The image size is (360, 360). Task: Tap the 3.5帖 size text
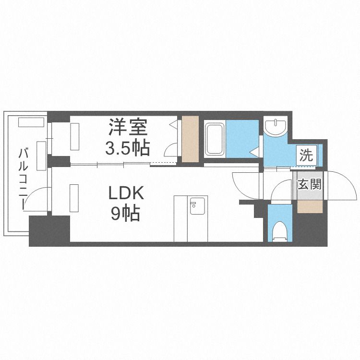128,147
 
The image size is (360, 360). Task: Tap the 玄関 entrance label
309,184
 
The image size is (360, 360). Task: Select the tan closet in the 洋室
190,139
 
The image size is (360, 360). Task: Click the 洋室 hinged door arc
171,150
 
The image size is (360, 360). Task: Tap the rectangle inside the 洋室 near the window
75,136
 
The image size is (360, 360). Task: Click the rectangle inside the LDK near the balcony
74,197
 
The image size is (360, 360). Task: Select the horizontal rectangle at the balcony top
27,121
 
